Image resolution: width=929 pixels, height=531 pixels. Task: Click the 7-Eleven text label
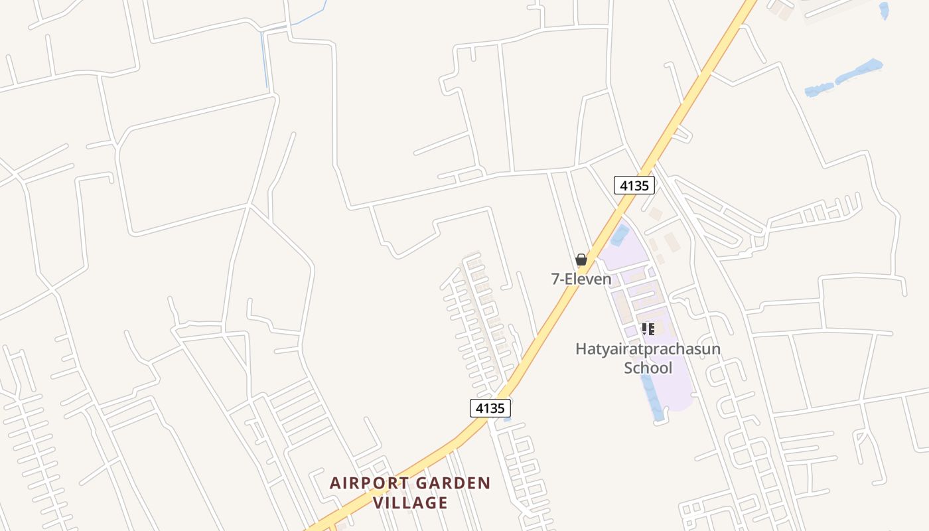click(x=581, y=279)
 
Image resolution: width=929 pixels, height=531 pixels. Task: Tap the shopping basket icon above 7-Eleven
click(x=581, y=260)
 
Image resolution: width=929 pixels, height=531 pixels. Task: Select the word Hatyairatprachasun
click(x=648, y=349)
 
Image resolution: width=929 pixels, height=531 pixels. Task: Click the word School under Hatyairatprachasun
click(x=648, y=368)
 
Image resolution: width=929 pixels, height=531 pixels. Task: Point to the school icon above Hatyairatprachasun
click(x=648, y=329)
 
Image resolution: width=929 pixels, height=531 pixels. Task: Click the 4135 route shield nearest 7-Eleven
click(x=634, y=185)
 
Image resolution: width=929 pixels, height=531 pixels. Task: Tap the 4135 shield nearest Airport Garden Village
click(x=490, y=408)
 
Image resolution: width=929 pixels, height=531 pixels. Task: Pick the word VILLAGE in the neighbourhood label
click(x=410, y=503)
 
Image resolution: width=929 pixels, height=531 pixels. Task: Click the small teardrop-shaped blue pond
click(x=884, y=10)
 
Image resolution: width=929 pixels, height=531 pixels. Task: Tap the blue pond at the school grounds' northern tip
click(x=620, y=235)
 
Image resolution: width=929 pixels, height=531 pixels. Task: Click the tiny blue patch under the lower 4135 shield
click(x=507, y=419)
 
